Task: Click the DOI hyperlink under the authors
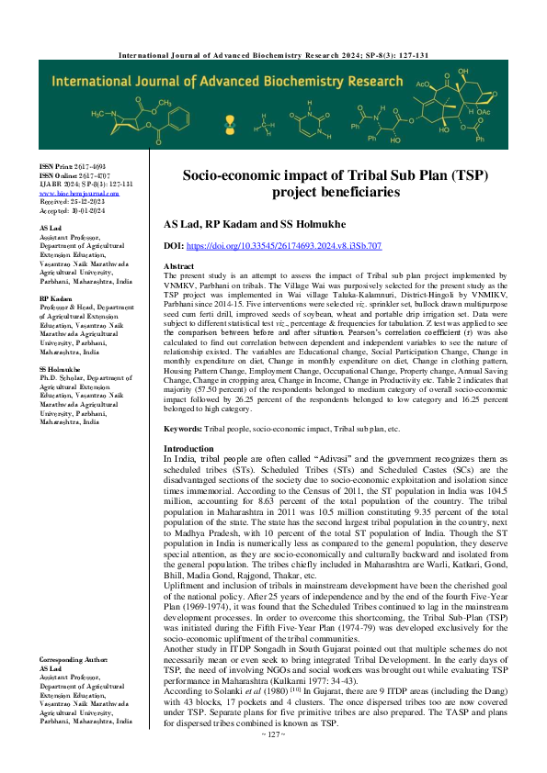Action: pos(293,246)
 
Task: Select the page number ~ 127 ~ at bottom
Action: pos(273,760)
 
